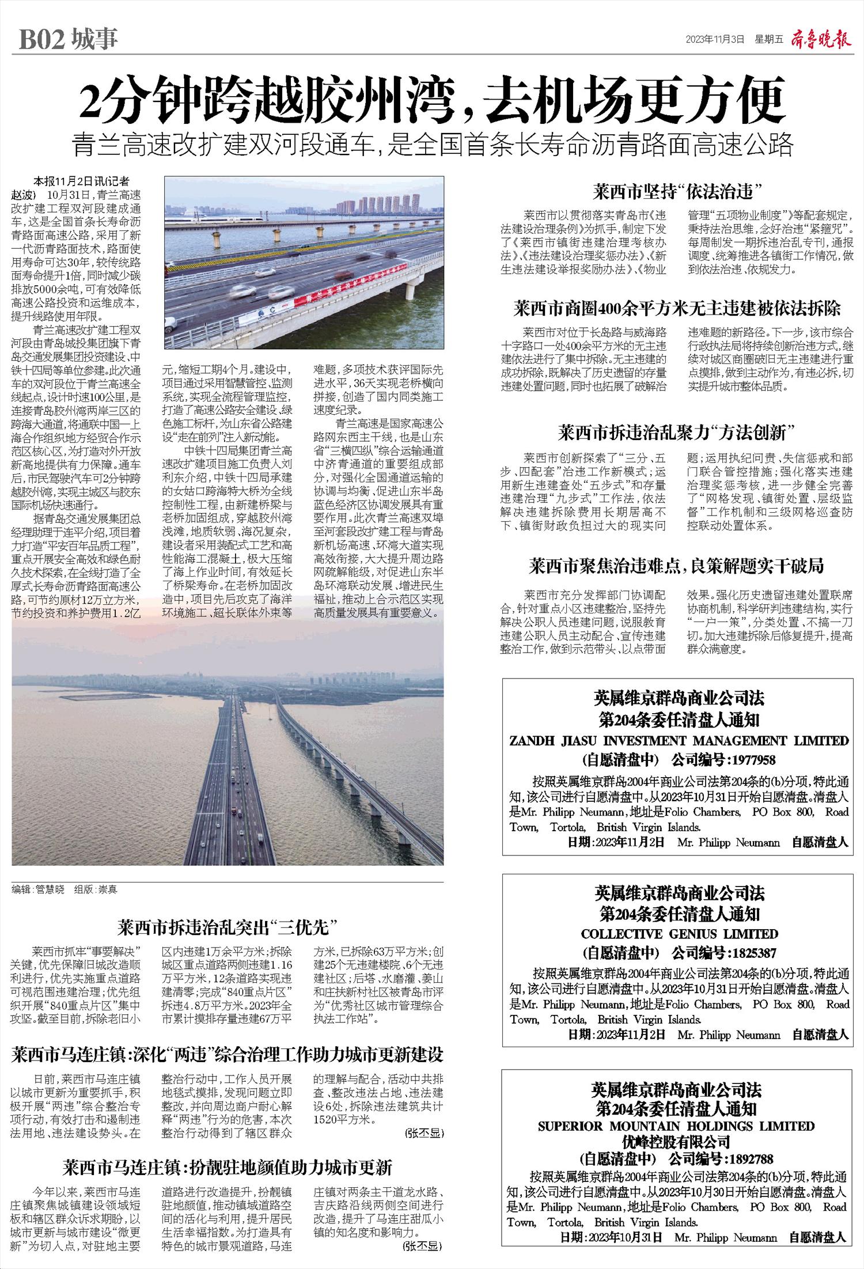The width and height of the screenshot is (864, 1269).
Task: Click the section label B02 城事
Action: pos(68,39)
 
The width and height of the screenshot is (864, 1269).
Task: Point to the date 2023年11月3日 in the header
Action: pos(715,39)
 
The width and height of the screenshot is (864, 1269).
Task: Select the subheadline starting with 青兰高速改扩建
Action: pos(432,145)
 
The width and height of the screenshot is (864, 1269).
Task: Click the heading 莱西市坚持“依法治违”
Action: pos(677,191)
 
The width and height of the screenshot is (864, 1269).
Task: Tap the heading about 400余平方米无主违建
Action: pos(677,309)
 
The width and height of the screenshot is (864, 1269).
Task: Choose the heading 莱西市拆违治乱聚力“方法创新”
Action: pos(677,431)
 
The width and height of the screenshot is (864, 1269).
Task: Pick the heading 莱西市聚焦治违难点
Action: pos(677,567)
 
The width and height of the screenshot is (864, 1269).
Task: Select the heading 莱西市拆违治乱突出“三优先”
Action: pos(227,927)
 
